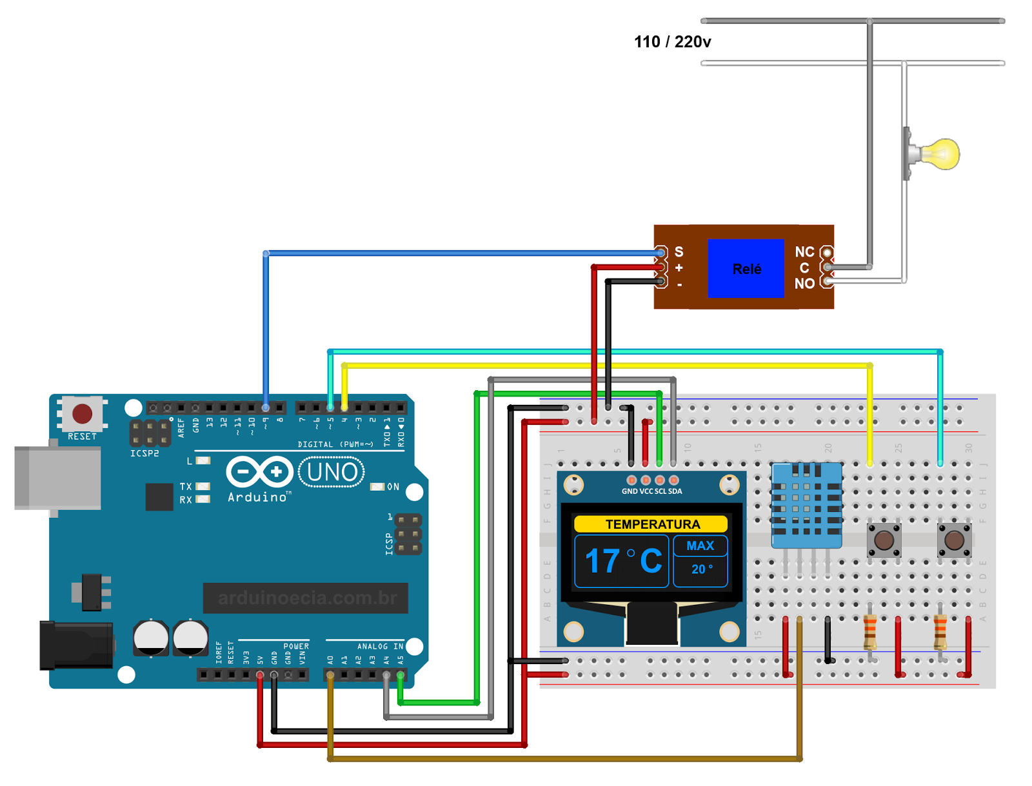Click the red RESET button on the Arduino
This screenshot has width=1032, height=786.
(x=82, y=414)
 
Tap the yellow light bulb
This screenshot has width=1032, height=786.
(x=940, y=154)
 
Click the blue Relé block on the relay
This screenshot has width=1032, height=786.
(x=746, y=268)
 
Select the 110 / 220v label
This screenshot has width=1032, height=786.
(x=672, y=42)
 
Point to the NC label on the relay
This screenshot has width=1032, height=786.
(x=804, y=252)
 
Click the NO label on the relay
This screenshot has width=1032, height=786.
(x=804, y=284)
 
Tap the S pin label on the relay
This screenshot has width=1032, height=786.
(x=679, y=251)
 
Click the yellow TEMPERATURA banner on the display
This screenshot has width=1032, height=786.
(x=651, y=524)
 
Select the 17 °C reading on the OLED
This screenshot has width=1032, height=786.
(x=622, y=561)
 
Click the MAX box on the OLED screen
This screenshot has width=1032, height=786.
(x=700, y=546)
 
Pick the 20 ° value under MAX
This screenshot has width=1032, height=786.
(x=701, y=569)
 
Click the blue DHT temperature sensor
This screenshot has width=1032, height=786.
(x=806, y=505)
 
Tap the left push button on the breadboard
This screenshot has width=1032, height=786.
(x=884, y=540)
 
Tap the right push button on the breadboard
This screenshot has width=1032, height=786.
(x=954, y=540)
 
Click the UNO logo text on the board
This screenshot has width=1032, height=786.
(x=332, y=473)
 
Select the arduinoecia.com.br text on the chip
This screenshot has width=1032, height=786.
(x=306, y=598)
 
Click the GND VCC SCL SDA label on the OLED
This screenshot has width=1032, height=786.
(x=651, y=491)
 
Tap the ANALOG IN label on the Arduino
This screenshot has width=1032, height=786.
(x=380, y=646)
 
